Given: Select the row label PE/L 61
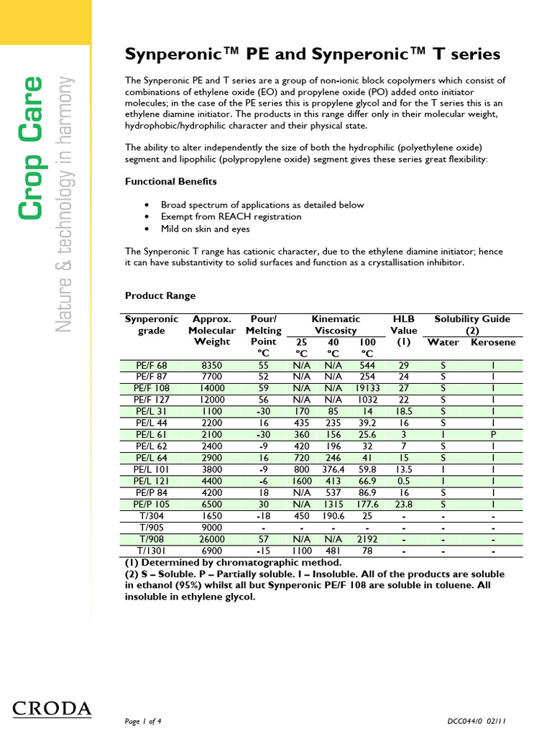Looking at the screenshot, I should (151, 434).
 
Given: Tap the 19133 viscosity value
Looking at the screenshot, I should (367, 388).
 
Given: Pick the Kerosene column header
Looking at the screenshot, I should (493, 342).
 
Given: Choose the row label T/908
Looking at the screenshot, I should (151, 539).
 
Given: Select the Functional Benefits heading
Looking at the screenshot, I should (171, 182).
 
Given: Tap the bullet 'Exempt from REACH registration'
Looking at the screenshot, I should (231, 216).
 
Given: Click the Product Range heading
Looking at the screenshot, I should (160, 295).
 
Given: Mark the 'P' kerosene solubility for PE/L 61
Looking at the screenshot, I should (493, 434).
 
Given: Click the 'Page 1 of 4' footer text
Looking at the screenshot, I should (144, 721).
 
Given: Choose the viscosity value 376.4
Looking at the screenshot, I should (333, 469).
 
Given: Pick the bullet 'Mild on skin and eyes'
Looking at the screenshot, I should (205, 229).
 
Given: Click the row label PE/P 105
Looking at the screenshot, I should (151, 504).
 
